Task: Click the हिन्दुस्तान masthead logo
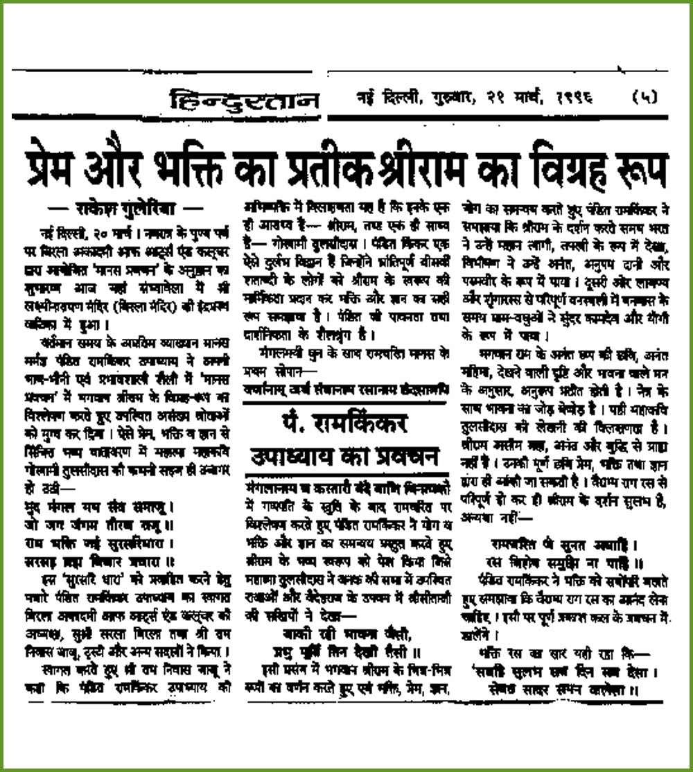(x=245, y=101)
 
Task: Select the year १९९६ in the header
(x=572, y=99)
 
